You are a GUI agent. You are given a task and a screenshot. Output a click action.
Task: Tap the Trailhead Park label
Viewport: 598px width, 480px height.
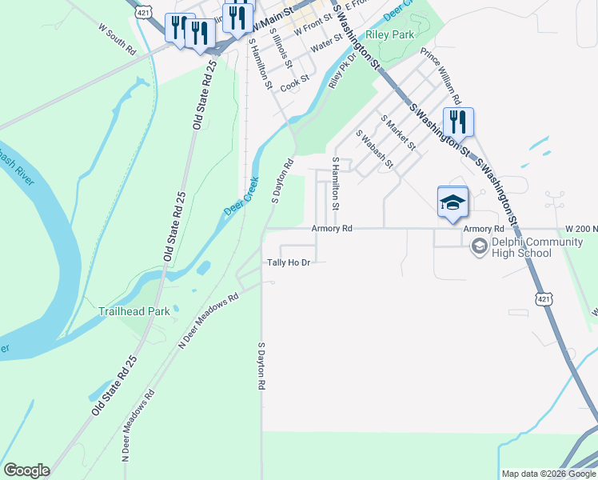[134, 311]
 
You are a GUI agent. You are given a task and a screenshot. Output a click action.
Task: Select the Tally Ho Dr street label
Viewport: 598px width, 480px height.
[288, 262]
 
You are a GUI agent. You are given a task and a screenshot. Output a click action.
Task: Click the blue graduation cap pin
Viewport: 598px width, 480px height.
[452, 202]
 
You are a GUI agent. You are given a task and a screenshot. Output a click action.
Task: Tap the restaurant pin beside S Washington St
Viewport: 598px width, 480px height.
[458, 123]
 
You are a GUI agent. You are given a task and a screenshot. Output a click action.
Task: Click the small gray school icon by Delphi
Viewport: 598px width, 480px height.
[479, 246]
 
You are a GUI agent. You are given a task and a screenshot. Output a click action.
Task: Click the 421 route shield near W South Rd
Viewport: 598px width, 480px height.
[142, 13]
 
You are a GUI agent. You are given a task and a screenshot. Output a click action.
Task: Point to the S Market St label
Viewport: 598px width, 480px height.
[398, 132]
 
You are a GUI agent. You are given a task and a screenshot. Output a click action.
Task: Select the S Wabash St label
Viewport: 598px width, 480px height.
[374, 149]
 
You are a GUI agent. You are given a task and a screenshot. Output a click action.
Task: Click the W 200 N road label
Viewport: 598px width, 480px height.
[580, 229]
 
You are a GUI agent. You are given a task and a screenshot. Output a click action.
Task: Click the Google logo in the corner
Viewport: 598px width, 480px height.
[26, 470]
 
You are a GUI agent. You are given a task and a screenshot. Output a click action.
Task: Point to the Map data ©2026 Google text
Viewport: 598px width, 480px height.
[548, 474]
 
